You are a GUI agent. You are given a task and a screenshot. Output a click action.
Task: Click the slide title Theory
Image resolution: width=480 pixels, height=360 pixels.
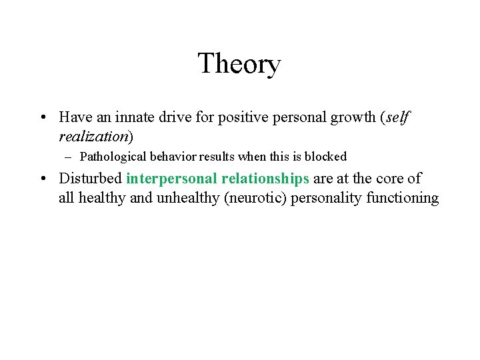tap(239, 64)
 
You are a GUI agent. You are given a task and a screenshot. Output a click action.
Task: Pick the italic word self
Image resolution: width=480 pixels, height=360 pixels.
tap(399, 117)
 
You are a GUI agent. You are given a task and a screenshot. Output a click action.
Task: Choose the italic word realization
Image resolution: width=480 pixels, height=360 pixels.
tap(94, 137)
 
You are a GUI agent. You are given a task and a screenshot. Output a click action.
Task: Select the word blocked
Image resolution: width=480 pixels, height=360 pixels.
tap(325, 157)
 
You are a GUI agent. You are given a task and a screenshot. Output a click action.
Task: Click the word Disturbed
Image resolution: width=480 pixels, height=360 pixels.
tap(90, 179)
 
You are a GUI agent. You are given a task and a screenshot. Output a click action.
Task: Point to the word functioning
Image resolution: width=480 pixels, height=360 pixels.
tap(403, 199)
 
